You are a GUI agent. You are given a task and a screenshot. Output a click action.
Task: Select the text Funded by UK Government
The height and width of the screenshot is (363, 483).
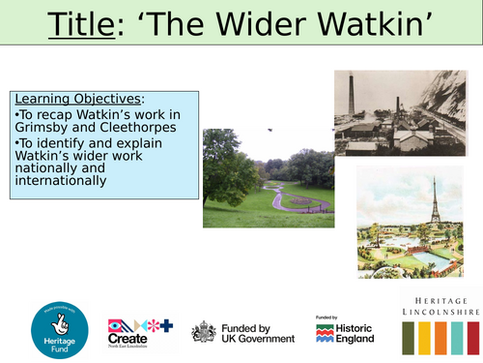259,331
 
